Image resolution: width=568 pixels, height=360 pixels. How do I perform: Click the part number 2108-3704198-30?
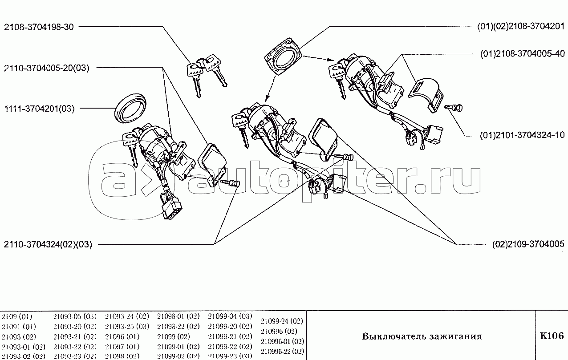(39, 27)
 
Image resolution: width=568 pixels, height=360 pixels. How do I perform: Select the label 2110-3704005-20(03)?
(47, 68)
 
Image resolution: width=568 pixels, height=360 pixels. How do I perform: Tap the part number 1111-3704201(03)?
(40, 109)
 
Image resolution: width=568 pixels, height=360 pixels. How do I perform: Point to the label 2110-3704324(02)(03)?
(48, 244)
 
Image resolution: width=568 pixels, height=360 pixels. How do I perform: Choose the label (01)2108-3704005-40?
(523, 54)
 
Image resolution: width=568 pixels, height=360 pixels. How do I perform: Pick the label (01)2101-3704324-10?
(522, 135)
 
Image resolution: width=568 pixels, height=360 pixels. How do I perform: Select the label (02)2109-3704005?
(528, 244)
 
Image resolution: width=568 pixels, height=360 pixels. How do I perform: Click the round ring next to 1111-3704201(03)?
(130, 109)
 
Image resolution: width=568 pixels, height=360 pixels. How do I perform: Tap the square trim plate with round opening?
(283, 56)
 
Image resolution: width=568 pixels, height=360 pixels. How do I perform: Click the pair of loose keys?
(207, 75)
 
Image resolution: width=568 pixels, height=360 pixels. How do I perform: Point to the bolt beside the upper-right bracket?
(454, 108)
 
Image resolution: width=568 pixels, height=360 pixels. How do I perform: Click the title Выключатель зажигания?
(422, 336)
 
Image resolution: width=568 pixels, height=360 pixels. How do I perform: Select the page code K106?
(552, 336)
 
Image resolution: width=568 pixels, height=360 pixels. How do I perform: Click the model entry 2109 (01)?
(17, 317)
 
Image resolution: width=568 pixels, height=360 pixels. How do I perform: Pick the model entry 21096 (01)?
(122, 337)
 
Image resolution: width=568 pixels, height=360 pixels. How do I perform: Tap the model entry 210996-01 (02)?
(282, 341)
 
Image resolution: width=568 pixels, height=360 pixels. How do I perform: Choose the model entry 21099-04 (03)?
(230, 316)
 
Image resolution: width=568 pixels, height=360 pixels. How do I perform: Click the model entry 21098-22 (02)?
(178, 326)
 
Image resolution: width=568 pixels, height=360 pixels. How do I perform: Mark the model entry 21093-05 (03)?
(75, 316)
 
